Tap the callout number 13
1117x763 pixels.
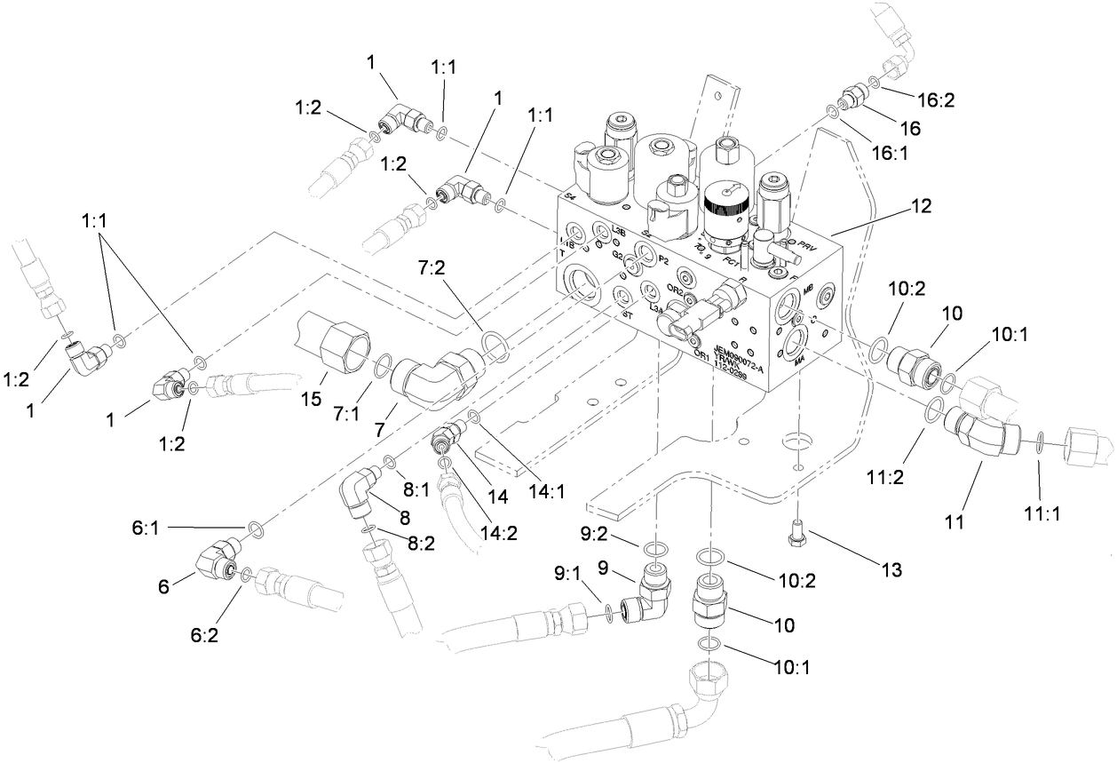pos(890,571)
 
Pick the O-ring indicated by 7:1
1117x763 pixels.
pos(383,362)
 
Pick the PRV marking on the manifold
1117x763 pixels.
pos(807,242)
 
